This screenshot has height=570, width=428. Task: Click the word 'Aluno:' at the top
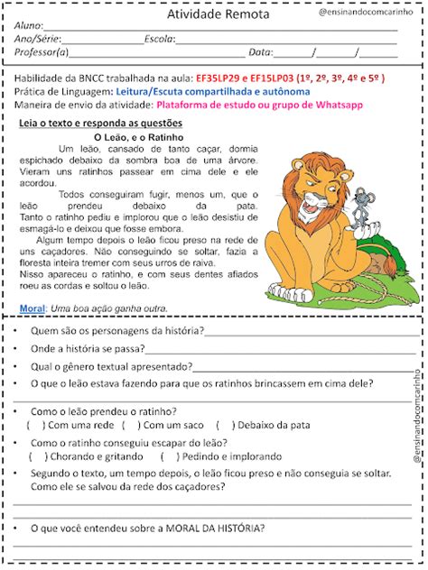click(29, 26)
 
